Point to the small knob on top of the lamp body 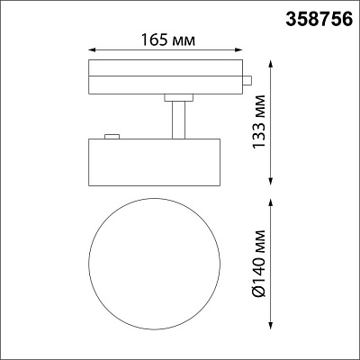pyautogui.click(x=112, y=137)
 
